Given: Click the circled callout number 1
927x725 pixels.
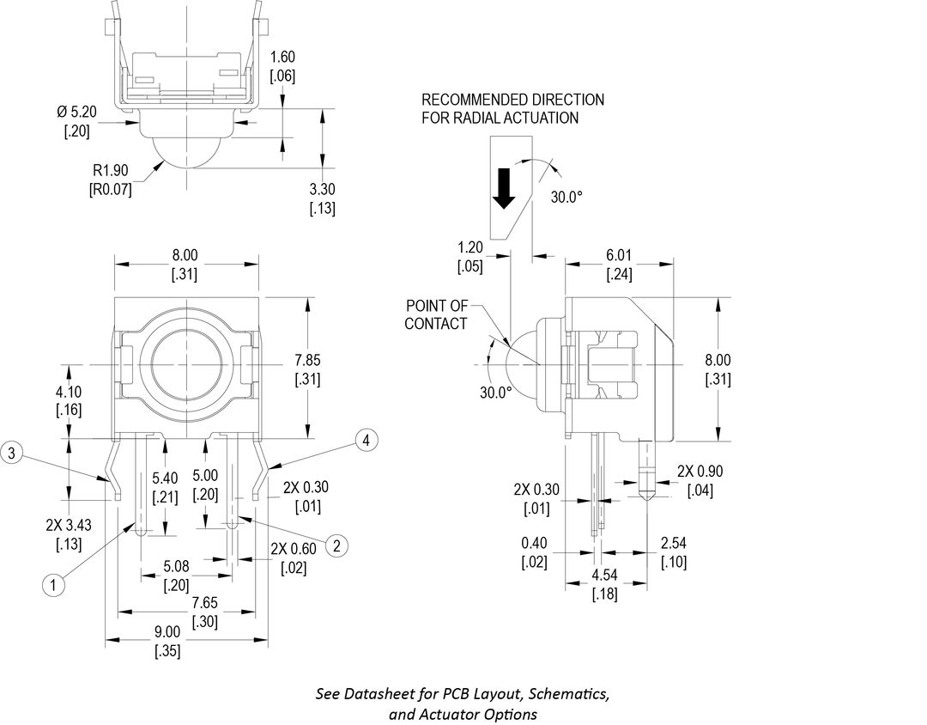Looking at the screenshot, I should point(54,585).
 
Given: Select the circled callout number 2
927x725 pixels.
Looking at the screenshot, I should point(336,545).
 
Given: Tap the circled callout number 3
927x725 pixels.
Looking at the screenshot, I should point(11,453).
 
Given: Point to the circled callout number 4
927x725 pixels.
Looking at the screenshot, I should point(367,441).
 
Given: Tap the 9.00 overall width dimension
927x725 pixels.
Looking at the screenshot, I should point(167,631).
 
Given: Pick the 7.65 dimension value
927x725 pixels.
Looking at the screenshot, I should point(203,603).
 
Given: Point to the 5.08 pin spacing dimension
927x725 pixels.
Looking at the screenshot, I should point(177,567).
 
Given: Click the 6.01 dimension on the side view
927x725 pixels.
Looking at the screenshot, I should point(618,256).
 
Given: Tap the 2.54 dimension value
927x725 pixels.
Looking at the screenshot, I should point(674,544).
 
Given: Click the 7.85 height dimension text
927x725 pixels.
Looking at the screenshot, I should point(307,361).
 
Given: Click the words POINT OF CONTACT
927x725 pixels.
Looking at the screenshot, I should point(436,314).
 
